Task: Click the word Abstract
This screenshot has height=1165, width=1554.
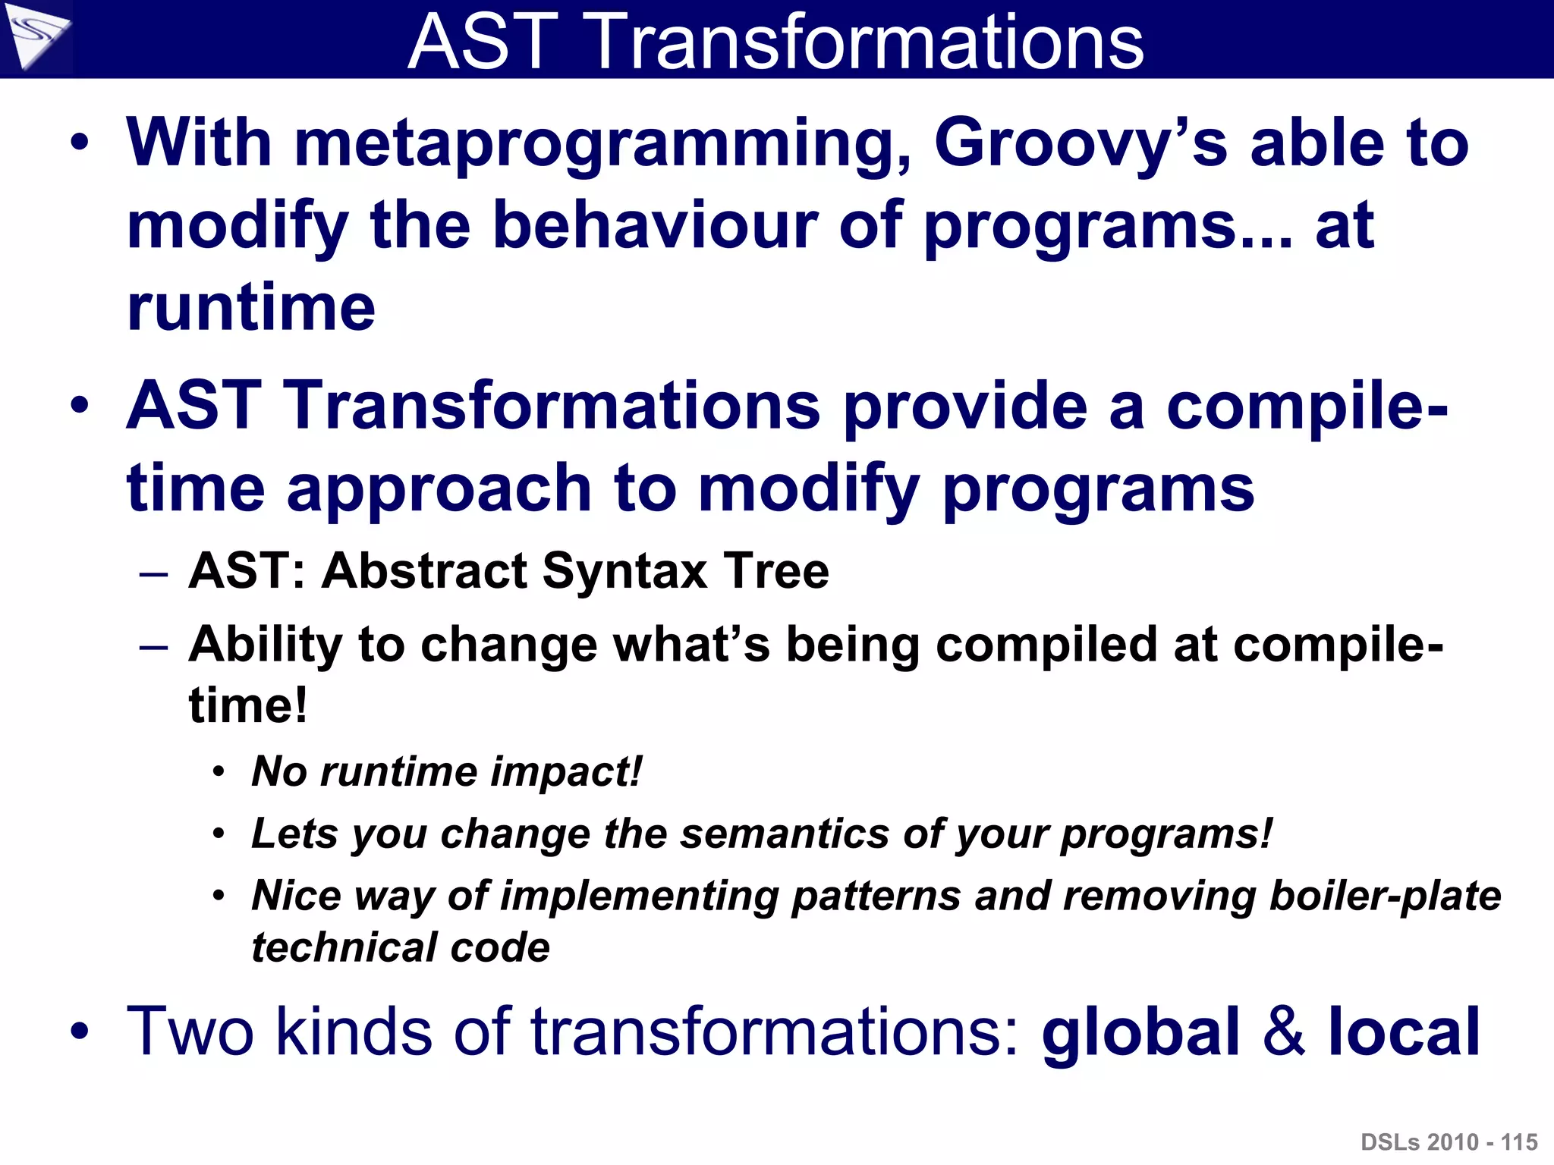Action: (x=425, y=570)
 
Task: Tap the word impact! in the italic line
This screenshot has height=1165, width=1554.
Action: (x=566, y=771)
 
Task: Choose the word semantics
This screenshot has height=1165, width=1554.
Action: (x=785, y=834)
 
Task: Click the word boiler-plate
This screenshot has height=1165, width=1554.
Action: (x=1385, y=896)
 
